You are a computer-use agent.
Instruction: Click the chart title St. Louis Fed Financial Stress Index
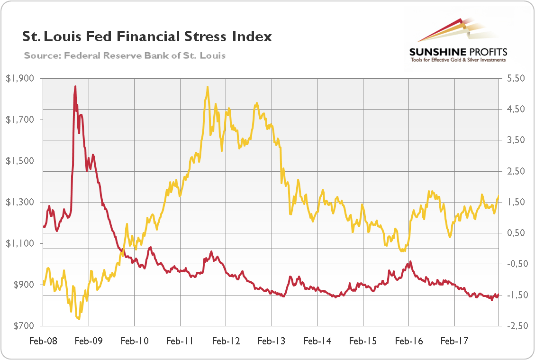click(147, 37)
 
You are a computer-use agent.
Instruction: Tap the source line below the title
click(125, 55)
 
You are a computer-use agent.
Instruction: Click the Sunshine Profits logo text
click(458, 52)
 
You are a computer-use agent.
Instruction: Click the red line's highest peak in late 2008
click(75, 86)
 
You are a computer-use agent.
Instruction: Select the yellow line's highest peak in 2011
click(208, 87)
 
